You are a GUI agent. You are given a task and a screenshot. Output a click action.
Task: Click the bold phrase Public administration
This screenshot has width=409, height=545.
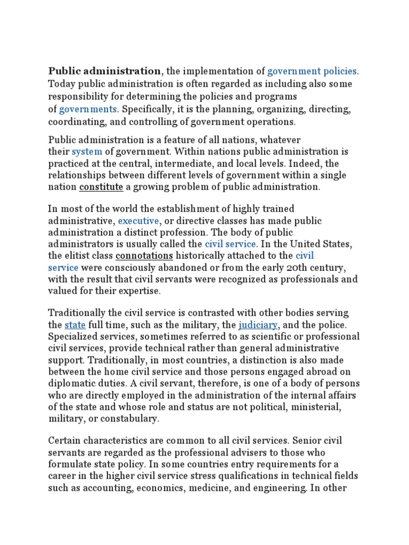click(104, 71)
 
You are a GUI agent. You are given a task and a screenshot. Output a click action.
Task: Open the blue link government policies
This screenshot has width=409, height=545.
click(313, 71)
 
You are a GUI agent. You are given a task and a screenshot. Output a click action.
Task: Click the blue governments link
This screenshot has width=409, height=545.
click(88, 109)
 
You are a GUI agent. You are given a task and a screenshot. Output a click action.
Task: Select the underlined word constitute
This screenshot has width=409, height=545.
click(101, 187)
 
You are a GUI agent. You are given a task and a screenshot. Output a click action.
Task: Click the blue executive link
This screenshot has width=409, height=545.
click(138, 220)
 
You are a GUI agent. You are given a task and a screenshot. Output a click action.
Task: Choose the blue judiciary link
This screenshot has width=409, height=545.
click(258, 324)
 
